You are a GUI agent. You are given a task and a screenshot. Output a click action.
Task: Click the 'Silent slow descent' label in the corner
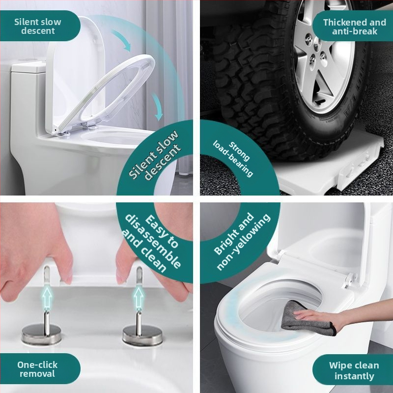point(38,26)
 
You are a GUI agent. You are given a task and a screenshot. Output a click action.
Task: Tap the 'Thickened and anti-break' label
point(354,27)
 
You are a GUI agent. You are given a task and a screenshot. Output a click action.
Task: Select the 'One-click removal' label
point(37,369)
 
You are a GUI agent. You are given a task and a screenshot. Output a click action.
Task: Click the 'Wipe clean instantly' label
point(354,370)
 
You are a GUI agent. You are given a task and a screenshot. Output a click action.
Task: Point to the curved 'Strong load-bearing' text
point(233,158)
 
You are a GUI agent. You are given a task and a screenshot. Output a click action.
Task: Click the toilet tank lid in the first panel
point(29,67)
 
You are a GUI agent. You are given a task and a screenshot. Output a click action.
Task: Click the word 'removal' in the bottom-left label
point(37,374)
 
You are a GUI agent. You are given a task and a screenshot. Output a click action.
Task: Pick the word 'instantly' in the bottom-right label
point(354,376)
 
